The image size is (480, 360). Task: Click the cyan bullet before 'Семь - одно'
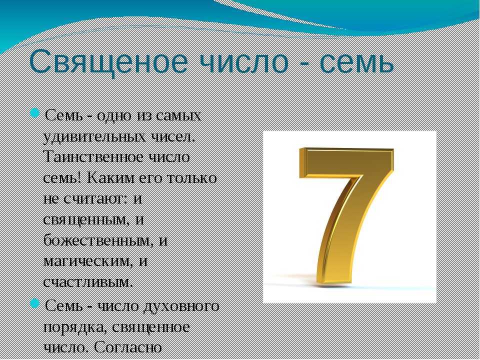[x=35, y=112]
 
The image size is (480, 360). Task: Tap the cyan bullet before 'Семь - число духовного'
[x=35, y=303]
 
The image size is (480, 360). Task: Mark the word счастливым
[x=88, y=282]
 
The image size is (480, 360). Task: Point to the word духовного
[x=181, y=306]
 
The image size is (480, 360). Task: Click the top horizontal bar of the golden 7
[x=346, y=162]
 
